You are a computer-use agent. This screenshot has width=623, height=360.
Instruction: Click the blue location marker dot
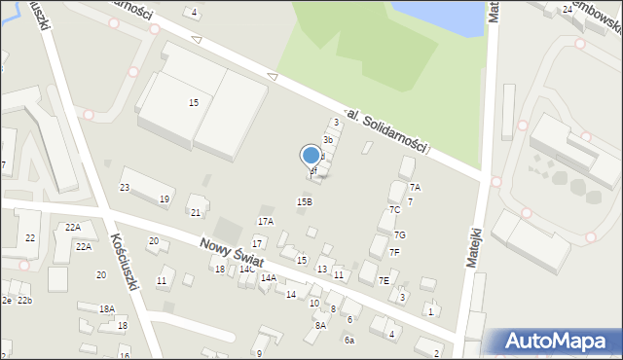click(x=311, y=155)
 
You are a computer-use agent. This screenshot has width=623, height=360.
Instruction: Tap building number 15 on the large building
click(x=194, y=102)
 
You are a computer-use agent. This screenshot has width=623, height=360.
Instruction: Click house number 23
click(x=125, y=187)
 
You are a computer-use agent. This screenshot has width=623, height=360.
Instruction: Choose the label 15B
click(x=305, y=201)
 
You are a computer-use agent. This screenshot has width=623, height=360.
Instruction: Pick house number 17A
click(x=265, y=222)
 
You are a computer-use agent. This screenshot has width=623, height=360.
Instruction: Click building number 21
click(x=196, y=212)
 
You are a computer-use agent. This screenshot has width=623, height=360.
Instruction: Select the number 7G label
click(x=399, y=234)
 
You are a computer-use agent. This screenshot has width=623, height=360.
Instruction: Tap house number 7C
click(x=394, y=209)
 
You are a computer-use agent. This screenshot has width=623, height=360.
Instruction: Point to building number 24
click(x=567, y=9)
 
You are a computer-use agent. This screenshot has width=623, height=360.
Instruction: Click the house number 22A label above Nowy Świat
click(x=73, y=227)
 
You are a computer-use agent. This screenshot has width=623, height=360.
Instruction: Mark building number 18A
click(x=107, y=308)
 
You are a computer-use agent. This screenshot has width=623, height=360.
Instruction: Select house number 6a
click(x=348, y=340)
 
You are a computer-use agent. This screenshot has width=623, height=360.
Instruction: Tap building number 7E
click(x=385, y=280)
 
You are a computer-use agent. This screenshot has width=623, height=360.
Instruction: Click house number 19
click(x=165, y=199)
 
